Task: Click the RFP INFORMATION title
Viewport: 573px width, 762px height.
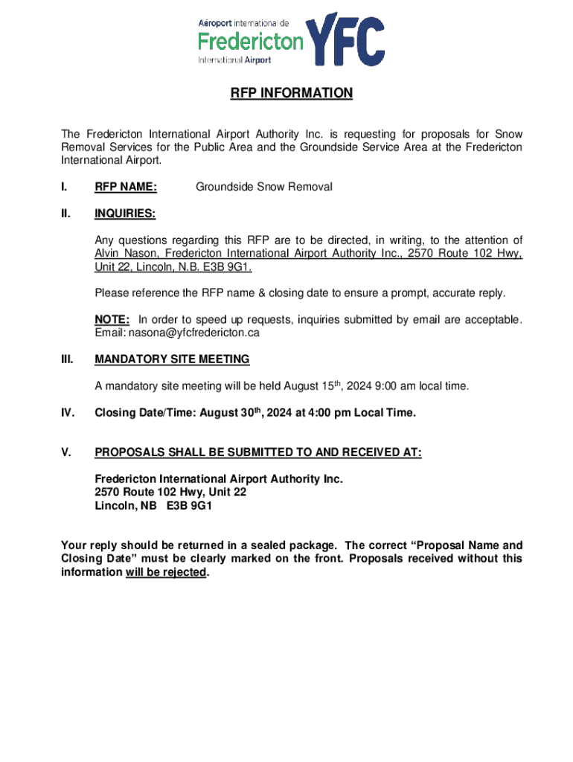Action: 291,94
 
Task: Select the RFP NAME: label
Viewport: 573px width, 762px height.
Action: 125,187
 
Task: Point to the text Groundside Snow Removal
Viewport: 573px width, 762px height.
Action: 263,187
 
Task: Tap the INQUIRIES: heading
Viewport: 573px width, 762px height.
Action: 125,214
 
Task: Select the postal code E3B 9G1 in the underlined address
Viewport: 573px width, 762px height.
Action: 237,267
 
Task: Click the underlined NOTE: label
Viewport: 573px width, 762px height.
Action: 112,320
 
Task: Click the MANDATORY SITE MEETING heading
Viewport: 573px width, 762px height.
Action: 172,359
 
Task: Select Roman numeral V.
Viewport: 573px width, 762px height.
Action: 66,452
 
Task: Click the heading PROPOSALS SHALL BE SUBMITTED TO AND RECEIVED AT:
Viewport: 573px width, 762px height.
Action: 257,452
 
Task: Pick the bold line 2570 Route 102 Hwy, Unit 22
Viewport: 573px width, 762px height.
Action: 170,493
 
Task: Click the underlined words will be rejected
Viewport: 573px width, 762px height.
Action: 165,572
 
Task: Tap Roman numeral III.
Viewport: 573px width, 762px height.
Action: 67,359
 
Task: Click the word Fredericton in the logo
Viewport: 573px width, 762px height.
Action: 250,39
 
